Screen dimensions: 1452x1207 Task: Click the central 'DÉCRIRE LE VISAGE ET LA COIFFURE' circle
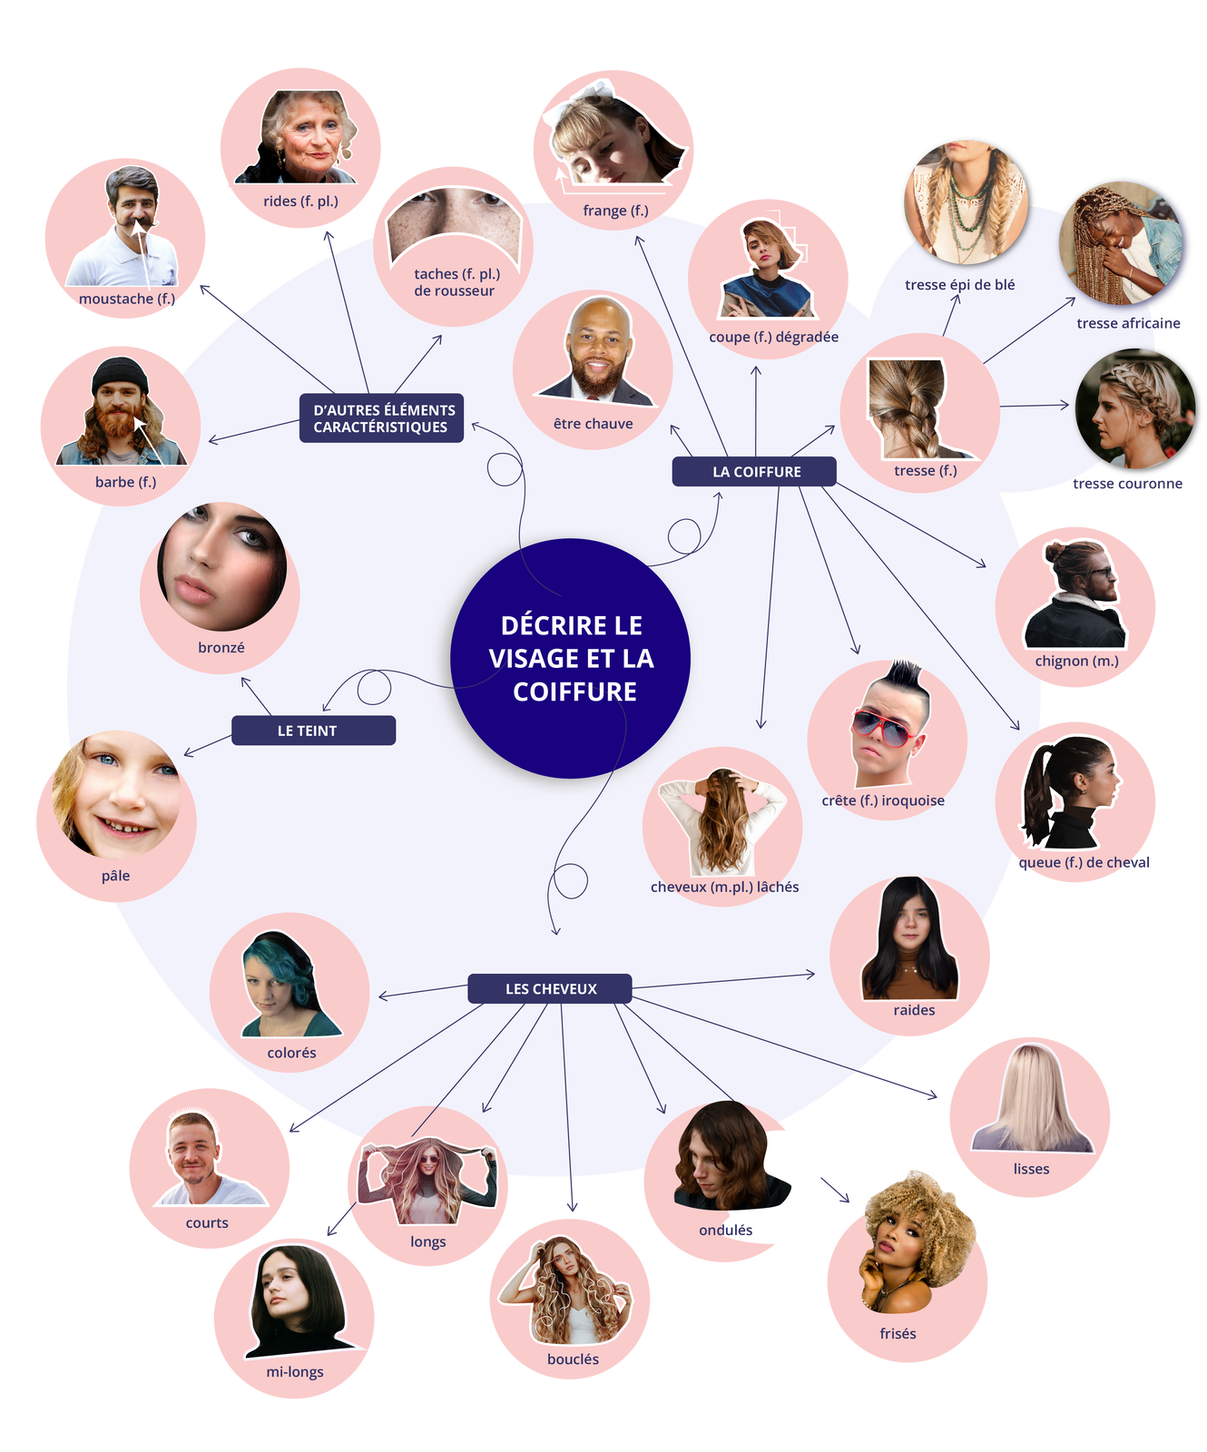(571, 658)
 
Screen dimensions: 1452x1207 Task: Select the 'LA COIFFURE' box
(754, 472)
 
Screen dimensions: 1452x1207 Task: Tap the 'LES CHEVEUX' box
(550, 988)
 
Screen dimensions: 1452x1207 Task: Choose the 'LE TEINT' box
(313, 731)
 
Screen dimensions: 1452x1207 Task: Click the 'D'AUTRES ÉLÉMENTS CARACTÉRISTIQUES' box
(382, 418)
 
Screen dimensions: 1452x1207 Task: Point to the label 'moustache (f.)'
(126, 299)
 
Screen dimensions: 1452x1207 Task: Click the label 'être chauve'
(593, 424)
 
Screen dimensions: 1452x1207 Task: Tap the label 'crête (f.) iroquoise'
(883, 800)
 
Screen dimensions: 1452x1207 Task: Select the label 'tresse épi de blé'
(959, 285)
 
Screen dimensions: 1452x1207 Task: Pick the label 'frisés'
(898, 1333)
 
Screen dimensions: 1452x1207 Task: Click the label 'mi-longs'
(295, 1371)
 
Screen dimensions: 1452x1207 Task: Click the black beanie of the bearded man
(120, 374)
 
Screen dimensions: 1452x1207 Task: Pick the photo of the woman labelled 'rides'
(304, 136)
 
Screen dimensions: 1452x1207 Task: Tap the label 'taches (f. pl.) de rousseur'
(456, 282)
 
